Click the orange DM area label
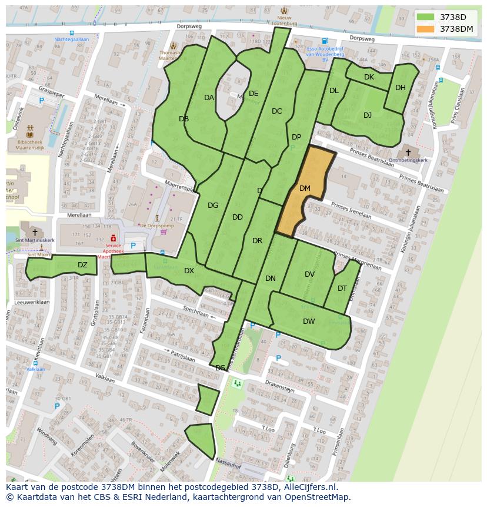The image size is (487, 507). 305,188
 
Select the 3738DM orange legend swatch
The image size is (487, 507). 426,29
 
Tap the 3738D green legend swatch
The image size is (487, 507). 426,17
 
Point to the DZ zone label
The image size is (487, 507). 82,265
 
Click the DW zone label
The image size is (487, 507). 309,322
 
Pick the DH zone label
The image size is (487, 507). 401,88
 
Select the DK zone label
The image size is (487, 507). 369,77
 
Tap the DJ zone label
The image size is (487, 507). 368,115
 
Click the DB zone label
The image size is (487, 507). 184,119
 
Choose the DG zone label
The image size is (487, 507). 213,206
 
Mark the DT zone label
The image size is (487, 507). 342,289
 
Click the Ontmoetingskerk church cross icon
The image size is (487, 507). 408,152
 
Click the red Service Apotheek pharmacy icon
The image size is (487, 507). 113,237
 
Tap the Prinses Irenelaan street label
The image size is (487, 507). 351,210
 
